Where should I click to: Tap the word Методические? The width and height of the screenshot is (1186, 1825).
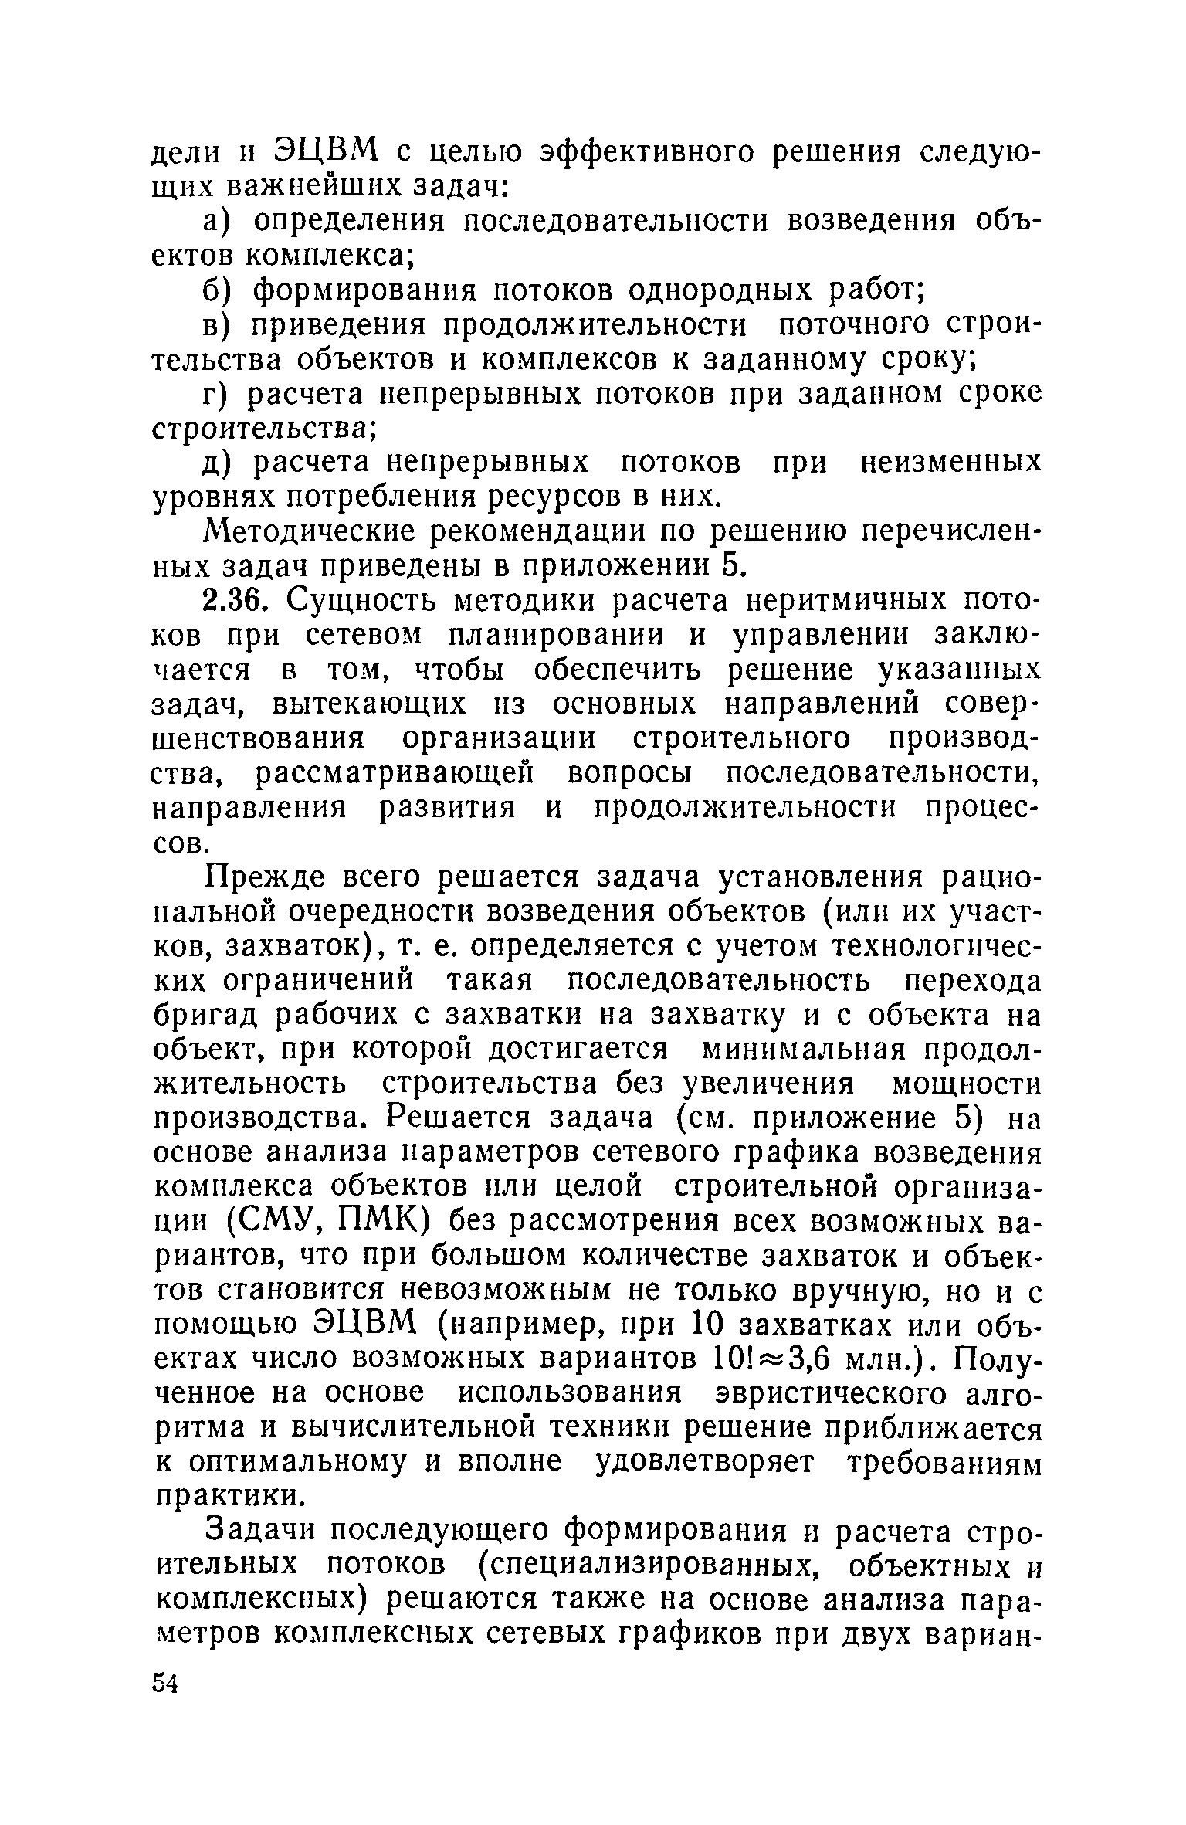pyautogui.click(x=324, y=532)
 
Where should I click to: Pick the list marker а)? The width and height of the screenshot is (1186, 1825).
pyautogui.click(x=219, y=222)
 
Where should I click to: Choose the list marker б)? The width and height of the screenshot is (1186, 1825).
pyautogui.click(x=219, y=290)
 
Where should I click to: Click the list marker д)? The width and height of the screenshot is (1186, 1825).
pyautogui.click(x=218, y=464)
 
